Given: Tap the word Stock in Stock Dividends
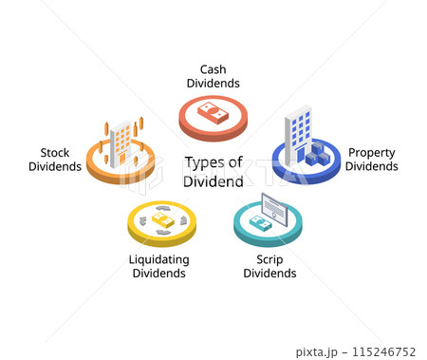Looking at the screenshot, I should click(55, 152).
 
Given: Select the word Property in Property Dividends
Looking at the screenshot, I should click(371, 152).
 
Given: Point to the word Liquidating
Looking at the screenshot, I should click(158, 259).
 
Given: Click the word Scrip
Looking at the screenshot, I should click(269, 259).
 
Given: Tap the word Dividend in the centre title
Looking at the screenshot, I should click(213, 180).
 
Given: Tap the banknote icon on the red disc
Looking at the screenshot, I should click(213, 115).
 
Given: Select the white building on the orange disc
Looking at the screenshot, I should click(121, 146).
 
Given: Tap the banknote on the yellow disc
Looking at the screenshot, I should click(162, 219).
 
